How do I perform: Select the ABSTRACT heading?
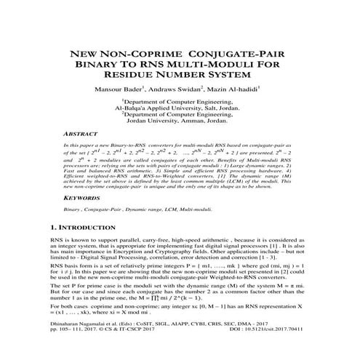pos(65,135)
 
